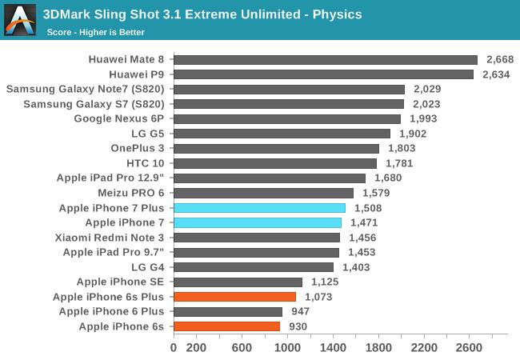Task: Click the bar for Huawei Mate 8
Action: point(325,59)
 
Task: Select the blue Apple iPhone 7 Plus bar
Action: point(259,208)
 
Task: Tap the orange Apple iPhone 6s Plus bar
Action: point(234,297)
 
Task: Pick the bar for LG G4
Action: point(254,267)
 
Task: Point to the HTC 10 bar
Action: point(275,163)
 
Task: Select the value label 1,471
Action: point(364,222)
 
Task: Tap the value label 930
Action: point(298,326)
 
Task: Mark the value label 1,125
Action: point(321,282)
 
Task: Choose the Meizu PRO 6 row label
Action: point(130,193)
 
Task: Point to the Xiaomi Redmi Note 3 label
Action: point(110,238)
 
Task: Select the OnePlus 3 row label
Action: point(138,148)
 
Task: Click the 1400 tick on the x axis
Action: point(333,348)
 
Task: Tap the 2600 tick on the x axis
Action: point(469,348)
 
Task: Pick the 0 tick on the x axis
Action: point(174,348)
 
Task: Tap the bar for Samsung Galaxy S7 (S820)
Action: point(289,104)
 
